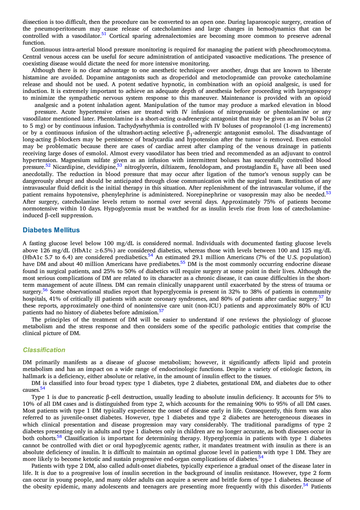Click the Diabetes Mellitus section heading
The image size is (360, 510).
point(51,230)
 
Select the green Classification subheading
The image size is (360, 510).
point(44,350)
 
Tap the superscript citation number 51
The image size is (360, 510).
point(104,34)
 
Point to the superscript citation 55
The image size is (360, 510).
point(182,262)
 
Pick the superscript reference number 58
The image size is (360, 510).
point(59,436)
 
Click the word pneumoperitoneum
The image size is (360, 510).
point(60,29)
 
